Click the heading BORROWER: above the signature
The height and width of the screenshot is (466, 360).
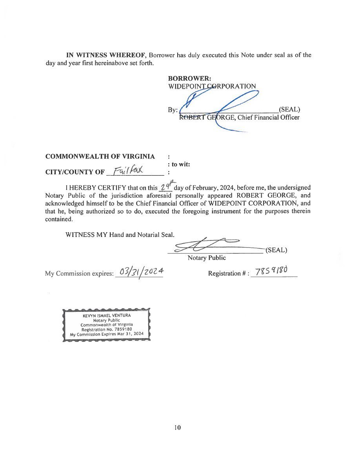[x=189, y=78]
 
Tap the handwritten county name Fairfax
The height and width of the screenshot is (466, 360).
[x=128, y=171]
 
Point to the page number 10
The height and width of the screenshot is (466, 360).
[x=178, y=428]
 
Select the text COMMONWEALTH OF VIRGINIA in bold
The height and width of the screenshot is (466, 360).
[x=100, y=157]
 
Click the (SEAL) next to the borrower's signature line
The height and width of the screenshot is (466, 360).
[x=289, y=109]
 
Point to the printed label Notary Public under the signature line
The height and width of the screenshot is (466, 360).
[x=207, y=258]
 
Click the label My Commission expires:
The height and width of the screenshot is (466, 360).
[x=79, y=273]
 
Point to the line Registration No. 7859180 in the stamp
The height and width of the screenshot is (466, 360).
[x=107, y=329]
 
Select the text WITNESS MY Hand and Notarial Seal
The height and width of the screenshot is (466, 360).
[x=120, y=235]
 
